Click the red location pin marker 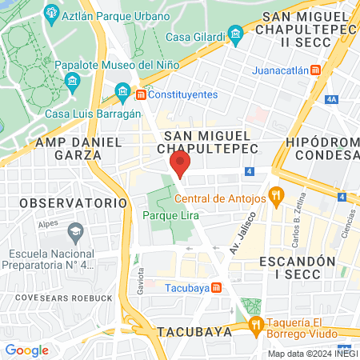[180, 165]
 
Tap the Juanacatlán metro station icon [316, 70]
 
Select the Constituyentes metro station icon [141, 94]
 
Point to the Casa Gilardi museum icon [235, 34]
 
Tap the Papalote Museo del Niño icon [72, 80]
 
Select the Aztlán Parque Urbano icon [52, 14]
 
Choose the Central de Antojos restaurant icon [277, 194]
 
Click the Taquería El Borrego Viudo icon [256, 324]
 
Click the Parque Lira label [171, 216]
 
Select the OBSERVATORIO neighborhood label [74, 203]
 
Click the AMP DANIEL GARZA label [78, 148]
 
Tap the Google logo [26, 350]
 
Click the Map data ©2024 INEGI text [312, 354]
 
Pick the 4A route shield [333, 99]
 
